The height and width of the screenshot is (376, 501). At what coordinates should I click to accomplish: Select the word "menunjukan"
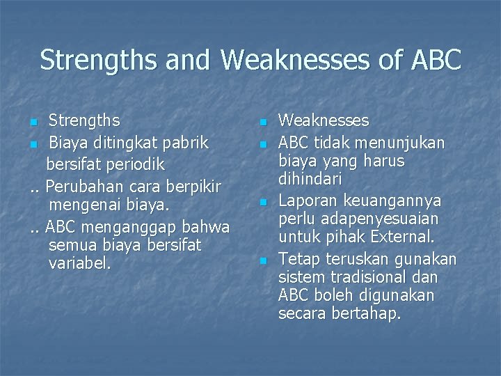pyautogui.click(x=406, y=142)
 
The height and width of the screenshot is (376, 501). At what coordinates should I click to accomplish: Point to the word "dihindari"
pyautogui.click(x=310, y=180)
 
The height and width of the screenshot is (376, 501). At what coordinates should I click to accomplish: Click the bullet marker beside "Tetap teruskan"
pyautogui.click(x=263, y=260)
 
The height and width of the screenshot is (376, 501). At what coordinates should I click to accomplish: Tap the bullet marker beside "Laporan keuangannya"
pyautogui.click(x=263, y=202)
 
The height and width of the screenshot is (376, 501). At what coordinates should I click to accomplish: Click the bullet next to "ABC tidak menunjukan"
pyautogui.click(x=263, y=143)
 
